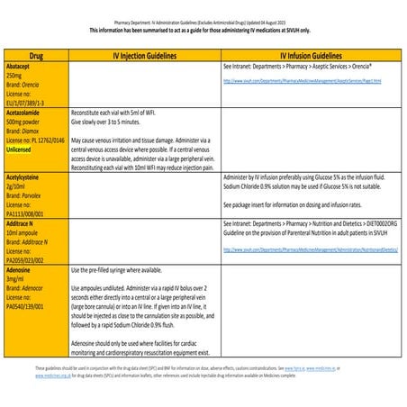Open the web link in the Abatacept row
(x=302, y=80)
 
